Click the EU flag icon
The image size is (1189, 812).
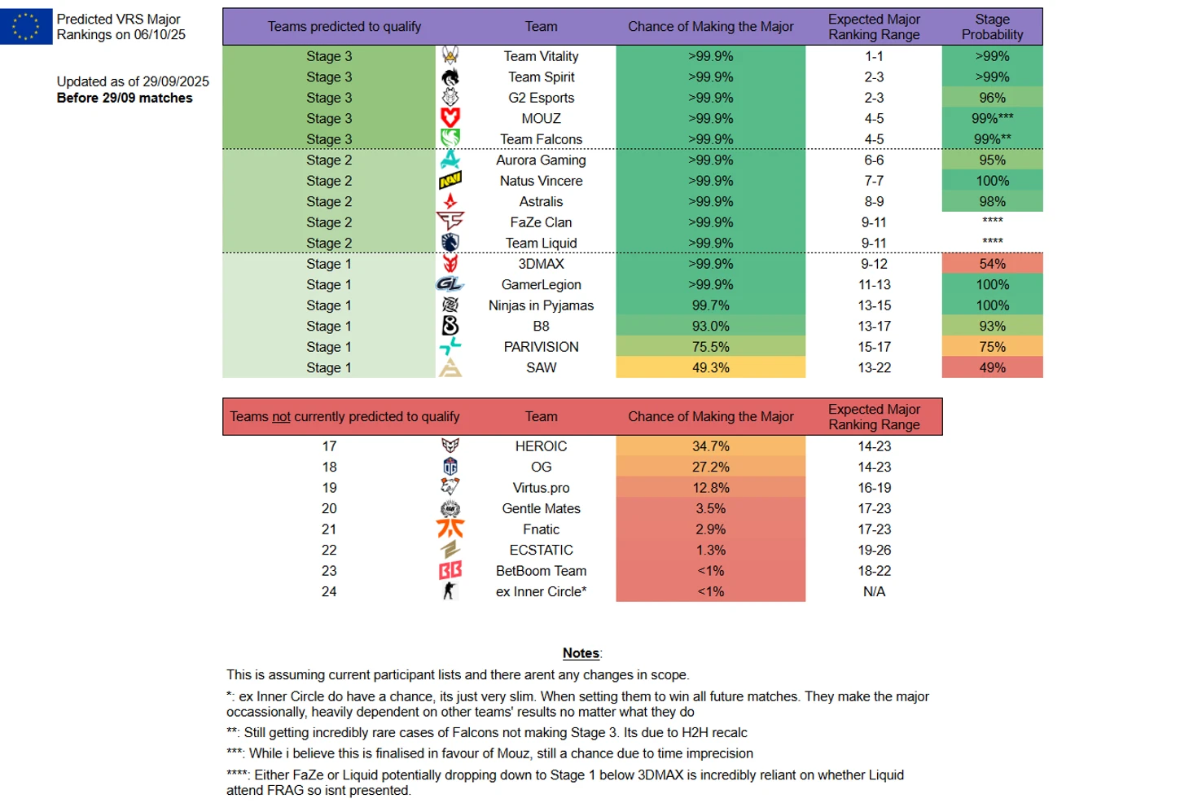(26, 26)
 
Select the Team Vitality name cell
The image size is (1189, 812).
(541, 56)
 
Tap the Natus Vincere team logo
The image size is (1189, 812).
(450, 181)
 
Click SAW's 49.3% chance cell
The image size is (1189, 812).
(710, 367)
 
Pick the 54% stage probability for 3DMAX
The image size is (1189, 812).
(992, 264)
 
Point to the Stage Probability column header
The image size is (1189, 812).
(992, 27)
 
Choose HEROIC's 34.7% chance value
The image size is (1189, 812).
(710, 446)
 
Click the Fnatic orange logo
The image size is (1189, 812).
(450, 529)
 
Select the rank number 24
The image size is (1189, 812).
(329, 591)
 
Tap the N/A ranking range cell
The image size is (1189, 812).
(874, 591)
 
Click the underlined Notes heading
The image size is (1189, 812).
(581, 653)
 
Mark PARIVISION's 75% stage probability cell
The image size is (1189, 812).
(992, 347)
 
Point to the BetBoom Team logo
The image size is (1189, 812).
(450, 571)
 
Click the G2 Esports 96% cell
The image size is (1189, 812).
(992, 98)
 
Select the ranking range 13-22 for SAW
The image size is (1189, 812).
(874, 367)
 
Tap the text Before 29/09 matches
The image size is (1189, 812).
(125, 98)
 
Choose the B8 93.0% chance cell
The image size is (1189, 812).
(710, 326)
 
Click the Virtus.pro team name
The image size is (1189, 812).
(541, 488)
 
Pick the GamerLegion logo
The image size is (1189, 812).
(450, 284)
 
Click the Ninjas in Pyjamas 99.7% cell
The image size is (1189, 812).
(710, 305)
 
